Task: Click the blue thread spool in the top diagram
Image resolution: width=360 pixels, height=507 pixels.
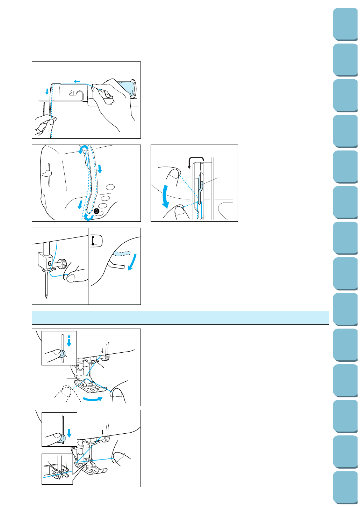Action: pos(127,89)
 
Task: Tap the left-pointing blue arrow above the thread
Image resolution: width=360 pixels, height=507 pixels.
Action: pos(77,81)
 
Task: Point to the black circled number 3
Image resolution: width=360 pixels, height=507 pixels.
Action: pos(96,211)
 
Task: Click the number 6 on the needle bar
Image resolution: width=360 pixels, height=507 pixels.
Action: pos(49,264)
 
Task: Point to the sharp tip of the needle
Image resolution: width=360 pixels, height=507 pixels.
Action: pos(46,298)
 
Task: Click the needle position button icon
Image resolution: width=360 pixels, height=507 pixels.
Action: pos(96,241)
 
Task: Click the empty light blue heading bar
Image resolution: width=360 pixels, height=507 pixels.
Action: pos(180,318)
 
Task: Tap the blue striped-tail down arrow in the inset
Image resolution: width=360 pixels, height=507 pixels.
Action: pos(69,341)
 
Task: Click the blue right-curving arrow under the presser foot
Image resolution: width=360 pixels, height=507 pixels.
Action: pos(92,399)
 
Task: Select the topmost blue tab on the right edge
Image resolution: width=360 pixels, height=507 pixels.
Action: pos(345,24)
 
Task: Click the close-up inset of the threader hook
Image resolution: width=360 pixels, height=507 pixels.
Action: pos(57,469)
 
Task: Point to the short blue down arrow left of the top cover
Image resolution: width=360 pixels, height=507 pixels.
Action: pos(47,91)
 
